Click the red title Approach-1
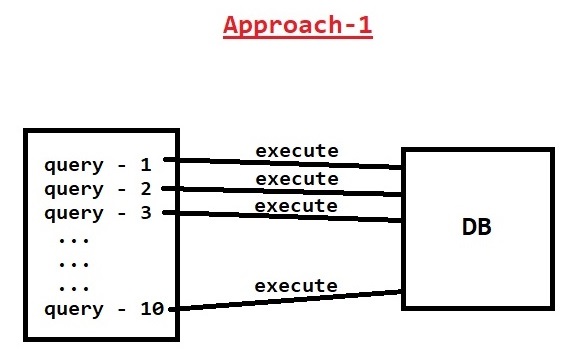pos(298,25)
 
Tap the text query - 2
pos(96,188)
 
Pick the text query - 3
pos(96,212)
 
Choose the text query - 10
pos(101,309)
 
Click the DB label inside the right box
pos(476,227)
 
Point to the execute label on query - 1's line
pos(296,151)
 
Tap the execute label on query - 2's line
pos(296,178)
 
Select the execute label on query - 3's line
pos(296,205)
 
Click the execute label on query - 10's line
pos(296,286)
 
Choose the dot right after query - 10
pos(173,309)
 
